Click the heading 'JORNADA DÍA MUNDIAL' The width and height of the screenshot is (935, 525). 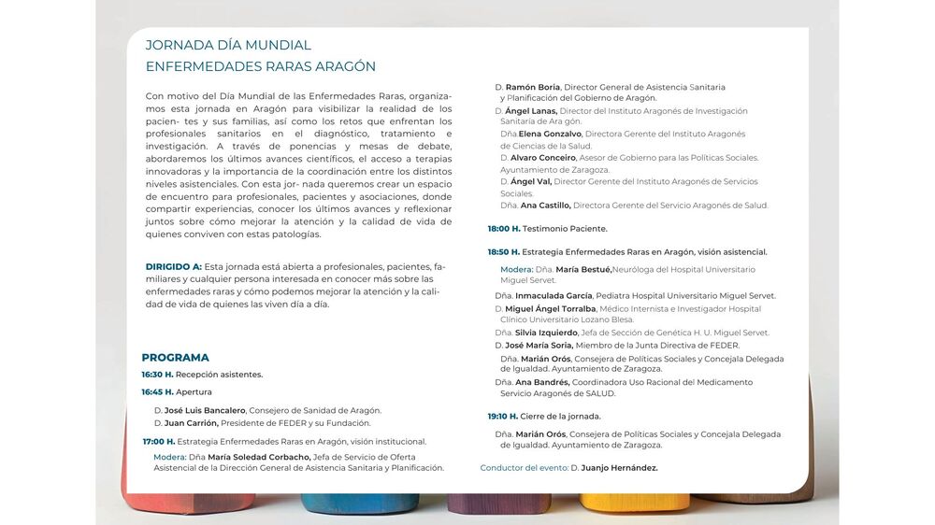228,45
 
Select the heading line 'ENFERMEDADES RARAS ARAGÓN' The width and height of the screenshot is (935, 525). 260,66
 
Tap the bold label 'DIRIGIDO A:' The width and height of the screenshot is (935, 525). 173,266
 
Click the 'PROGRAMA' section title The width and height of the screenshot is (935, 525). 175,357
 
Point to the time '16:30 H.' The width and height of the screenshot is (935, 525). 157,375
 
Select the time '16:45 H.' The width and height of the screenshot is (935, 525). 157,392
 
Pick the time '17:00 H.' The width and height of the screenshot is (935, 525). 158,442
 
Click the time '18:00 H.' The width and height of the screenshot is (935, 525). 503,229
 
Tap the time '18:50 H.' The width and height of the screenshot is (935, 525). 503,252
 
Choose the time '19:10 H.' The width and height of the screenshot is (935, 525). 502,417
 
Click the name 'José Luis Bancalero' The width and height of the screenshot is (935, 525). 205,410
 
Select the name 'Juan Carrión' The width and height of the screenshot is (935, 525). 191,423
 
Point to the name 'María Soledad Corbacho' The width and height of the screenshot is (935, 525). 258,457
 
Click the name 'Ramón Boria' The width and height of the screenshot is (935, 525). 532,87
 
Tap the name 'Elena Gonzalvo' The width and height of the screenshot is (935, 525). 550,134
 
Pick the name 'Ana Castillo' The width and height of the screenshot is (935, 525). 545,206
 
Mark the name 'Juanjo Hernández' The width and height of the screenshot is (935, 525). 620,468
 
